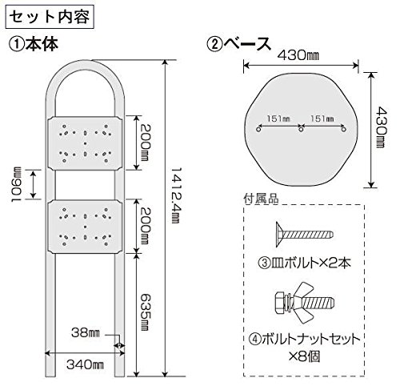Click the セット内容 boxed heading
(50, 18)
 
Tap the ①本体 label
(34, 44)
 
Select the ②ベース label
(239, 44)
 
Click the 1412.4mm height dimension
(176, 195)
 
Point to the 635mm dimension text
(146, 312)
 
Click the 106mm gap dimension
(17, 184)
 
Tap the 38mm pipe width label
(86, 333)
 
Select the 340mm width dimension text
(85, 364)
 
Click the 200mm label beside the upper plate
(146, 143)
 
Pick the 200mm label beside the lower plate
(146, 226)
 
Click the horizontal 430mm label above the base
(298, 55)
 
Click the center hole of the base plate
(301, 130)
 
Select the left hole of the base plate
(258, 130)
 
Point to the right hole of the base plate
(344, 130)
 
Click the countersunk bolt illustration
(305, 235)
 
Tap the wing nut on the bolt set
(302, 304)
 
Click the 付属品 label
(262, 199)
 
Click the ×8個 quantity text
(305, 356)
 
